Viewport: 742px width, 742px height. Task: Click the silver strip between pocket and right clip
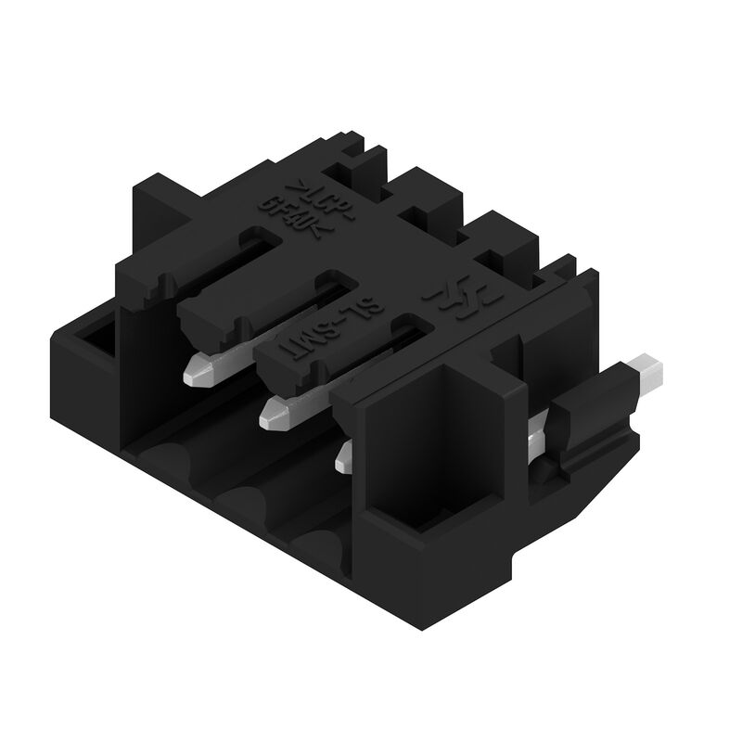pos(535,436)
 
